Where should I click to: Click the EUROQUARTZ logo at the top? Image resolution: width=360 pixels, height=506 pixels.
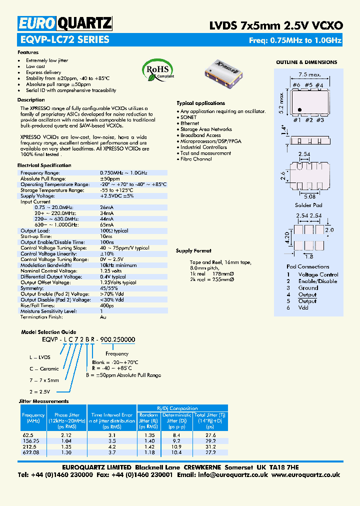click(x=64, y=23)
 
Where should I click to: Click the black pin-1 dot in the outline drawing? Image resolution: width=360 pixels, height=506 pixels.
click(x=299, y=109)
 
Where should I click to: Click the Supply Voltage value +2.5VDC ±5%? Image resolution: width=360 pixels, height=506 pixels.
click(x=117, y=195)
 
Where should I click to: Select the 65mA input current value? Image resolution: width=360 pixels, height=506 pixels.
click(x=107, y=225)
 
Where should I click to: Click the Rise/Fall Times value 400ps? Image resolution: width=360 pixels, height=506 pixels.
click(x=107, y=305)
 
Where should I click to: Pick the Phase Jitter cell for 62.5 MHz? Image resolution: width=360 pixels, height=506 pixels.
click(x=67, y=435)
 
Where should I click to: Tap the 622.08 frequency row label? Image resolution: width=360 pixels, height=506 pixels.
click(x=30, y=452)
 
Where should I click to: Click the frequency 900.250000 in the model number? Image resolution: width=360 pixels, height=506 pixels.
click(x=118, y=339)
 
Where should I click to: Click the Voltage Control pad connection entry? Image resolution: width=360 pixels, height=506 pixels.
click(x=318, y=274)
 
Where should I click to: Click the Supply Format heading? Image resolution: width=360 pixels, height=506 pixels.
click(x=193, y=251)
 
